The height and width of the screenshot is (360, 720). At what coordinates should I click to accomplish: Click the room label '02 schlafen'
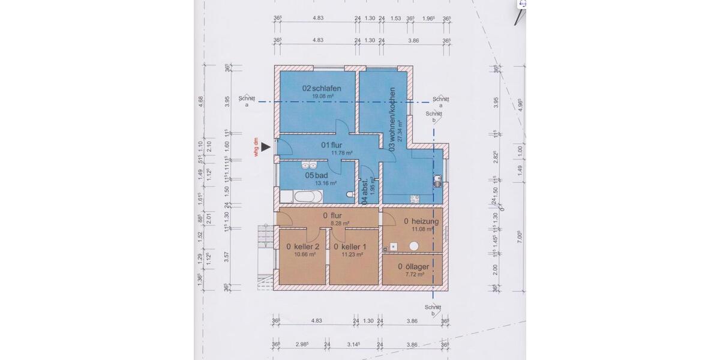(318, 88)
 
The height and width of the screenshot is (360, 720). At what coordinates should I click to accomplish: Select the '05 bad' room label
(317, 175)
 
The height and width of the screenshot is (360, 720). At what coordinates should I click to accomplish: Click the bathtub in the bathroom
(307, 196)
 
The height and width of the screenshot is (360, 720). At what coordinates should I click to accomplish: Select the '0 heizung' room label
(421, 221)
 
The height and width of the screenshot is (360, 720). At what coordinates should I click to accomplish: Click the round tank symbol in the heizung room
(414, 245)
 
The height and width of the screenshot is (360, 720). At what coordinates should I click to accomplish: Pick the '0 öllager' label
(412, 266)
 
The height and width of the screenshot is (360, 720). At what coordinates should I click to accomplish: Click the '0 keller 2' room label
(303, 246)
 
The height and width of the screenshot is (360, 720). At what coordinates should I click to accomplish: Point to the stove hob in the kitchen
(413, 199)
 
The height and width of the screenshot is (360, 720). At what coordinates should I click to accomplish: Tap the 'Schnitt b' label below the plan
(433, 310)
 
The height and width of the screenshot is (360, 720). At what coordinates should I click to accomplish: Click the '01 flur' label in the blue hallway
(331, 145)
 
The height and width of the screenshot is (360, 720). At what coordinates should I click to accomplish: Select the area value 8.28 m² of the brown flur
(340, 223)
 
